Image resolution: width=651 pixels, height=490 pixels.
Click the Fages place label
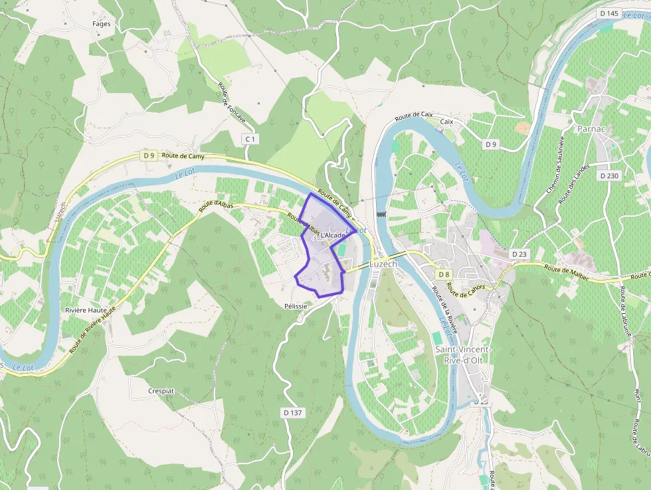pos(102,24)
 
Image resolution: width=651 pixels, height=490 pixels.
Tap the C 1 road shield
pos(250,139)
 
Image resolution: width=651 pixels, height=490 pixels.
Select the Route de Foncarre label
pos(232,103)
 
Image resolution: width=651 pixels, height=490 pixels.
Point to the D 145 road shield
pos(608,13)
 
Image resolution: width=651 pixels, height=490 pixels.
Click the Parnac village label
pos(591,128)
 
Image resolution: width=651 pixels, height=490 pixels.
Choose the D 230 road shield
pos(608,176)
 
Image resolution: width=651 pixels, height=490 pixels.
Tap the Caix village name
pos(446,122)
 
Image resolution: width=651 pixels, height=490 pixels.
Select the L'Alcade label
pos(333,235)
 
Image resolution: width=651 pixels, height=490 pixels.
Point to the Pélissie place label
pos(296,306)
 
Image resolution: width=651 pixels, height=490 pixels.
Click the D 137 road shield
pos(292,413)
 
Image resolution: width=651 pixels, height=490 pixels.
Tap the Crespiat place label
pos(161,391)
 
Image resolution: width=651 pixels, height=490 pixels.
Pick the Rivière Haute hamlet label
pos(86,310)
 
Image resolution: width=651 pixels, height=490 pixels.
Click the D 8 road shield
pos(444,275)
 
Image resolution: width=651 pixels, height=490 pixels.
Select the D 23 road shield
pos(519,255)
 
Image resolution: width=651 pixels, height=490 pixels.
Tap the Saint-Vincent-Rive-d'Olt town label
pos(463,354)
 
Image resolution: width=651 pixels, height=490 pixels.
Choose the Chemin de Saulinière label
pos(555,165)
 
